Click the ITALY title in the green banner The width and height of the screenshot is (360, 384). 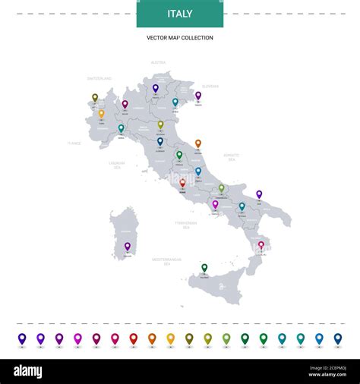point(180,14)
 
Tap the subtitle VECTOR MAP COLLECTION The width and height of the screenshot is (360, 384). point(180,38)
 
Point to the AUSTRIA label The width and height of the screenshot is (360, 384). point(158,62)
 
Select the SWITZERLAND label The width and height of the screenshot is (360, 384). point(99,79)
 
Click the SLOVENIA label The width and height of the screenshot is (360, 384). point(210,87)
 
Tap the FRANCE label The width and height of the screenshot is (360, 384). point(74,143)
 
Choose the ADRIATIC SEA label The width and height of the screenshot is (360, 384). point(232,156)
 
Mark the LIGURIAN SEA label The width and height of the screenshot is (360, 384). point(116,165)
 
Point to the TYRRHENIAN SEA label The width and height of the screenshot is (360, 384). point(185,225)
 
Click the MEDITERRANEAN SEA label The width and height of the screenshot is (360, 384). point(166,260)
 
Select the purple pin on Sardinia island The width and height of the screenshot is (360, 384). point(128,246)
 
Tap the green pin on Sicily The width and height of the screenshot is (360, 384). point(204,267)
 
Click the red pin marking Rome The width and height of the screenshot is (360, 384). point(182,183)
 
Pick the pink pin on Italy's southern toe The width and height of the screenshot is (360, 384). point(261,245)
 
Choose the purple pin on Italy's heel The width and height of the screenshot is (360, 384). point(259,194)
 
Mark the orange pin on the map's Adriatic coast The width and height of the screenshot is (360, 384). point(198,143)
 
